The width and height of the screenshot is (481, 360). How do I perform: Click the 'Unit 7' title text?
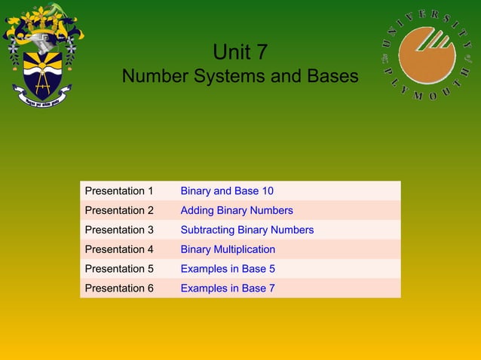click(x=240, y=52)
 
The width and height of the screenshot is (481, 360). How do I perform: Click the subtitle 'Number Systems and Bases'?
click(x=240, y=77)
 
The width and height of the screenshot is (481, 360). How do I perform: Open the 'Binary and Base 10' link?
click(x=227, y=191)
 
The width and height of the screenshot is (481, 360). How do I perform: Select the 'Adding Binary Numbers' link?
click(x=237, y=211)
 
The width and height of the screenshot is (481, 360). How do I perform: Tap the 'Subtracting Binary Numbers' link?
click(x=247, y=230)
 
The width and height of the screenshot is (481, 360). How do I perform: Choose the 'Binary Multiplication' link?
click(x=228, y=249)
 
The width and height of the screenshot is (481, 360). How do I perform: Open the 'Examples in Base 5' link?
click(x=228, y=269)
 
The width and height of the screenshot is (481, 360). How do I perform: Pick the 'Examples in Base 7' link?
click(x=228, y=288)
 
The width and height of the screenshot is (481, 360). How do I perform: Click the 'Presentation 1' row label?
click(x=119, y=191)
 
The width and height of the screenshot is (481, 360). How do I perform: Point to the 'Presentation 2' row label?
click(x=119, y=211)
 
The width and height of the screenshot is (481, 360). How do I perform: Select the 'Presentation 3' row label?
click(x=119, y=230)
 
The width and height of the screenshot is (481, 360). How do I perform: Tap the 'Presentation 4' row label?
click(x=119, y=249)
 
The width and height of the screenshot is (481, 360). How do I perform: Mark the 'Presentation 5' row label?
click(x=119, y=269)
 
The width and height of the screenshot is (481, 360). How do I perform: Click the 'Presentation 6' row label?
click(x=119, y=288)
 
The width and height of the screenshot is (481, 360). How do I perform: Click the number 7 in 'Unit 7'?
click(x=260, y=52)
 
